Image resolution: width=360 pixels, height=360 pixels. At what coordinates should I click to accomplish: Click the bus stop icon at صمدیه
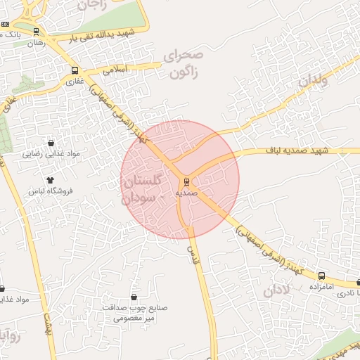186,181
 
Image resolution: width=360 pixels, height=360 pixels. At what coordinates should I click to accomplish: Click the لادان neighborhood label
277,290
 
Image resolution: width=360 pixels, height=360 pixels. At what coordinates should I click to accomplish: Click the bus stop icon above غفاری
75,70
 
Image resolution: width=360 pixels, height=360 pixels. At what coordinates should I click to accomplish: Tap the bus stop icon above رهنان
36,32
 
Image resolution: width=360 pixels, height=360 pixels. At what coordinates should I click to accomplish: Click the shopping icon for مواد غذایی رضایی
50,143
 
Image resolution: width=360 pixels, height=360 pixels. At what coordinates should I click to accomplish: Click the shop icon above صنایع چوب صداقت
134,298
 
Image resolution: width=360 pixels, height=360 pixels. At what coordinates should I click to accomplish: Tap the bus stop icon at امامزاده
322,276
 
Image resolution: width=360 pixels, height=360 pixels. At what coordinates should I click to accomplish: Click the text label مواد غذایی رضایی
51,153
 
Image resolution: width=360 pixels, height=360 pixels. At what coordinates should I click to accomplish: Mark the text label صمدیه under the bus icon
186,191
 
